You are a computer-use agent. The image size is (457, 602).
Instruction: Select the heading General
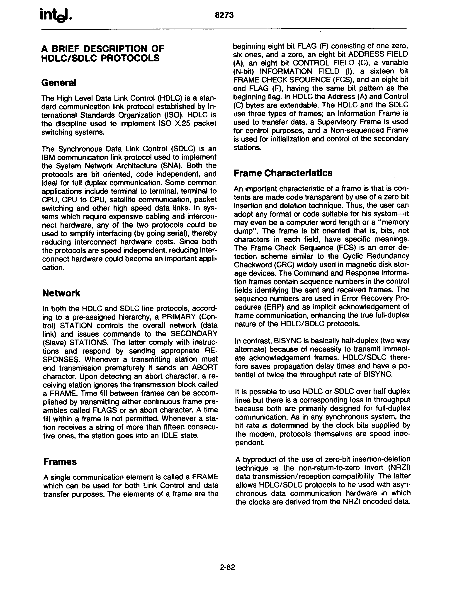(x=58, y=83)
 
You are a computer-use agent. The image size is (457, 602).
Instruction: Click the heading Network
(x=61, y=293)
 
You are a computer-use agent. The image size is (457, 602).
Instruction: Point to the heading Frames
(x=60, y=462)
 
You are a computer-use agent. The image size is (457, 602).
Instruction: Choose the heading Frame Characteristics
(x=283, y=173)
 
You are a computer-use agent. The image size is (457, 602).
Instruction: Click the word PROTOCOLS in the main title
(x=130, y=58)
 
